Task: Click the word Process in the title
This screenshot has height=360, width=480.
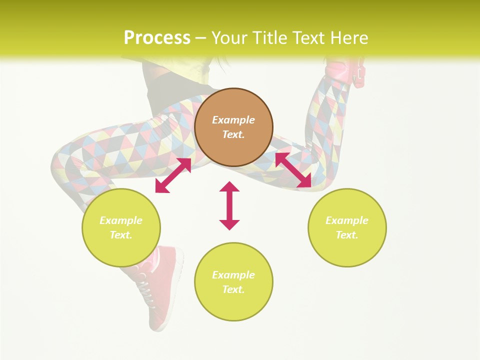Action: tap(157, 38)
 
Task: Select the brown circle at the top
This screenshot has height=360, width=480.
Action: tap(233, 127)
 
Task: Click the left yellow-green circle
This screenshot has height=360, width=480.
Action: tap(121, 227)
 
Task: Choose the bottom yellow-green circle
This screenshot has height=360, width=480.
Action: tap(233, 282)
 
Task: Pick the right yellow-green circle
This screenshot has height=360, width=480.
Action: tap(347, 227)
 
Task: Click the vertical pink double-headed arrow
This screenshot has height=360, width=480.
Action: tap(229, 205)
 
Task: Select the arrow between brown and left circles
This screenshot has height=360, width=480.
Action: tap(173, 175)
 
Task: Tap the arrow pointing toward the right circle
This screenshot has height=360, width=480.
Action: tap(293, 170)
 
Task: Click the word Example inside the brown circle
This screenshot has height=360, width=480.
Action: tap(233, 120)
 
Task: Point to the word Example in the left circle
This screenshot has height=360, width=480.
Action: tap(121, 220)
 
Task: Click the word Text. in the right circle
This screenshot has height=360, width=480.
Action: tap(347, 235)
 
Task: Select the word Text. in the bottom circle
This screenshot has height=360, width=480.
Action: tap(233, 289)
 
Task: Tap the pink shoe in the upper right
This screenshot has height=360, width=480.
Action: tap(345, 72)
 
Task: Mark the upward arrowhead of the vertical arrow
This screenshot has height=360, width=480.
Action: tap(229, 186)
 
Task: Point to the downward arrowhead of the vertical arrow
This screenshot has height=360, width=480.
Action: tap(229, 224)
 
